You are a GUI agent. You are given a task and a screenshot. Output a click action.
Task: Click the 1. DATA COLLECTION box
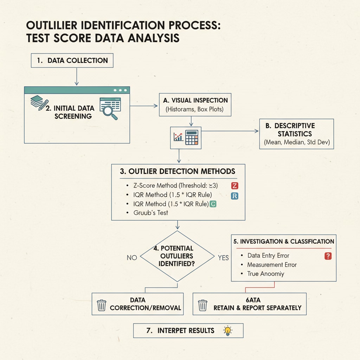[72, 60]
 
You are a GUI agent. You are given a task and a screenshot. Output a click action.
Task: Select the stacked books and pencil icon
[38, 103]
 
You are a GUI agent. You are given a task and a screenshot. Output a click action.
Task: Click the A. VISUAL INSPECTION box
[195, 104]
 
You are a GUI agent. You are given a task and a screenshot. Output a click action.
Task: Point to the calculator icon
[192, 137]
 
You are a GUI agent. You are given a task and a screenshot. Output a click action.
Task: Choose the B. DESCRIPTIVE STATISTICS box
[296, 134]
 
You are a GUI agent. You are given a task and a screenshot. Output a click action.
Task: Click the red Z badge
[234, 186]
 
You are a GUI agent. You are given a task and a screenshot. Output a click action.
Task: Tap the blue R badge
[234, 196]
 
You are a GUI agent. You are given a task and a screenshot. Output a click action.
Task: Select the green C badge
[213, 204]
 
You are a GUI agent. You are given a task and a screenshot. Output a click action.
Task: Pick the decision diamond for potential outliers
[177, 256]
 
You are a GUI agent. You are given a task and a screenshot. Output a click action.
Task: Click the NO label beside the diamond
[132, 258]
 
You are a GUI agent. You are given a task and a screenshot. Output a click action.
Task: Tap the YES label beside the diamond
[223, 258]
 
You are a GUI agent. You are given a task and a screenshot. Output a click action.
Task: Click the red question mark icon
[328, 256]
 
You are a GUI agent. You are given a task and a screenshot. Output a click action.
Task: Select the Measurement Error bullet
[272, 265]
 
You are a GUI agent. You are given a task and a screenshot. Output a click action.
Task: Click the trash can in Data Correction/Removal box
[102, 304]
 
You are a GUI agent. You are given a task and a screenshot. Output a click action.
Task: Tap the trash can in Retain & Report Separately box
[202, 304]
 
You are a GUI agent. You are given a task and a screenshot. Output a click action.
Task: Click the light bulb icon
[228, 330]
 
